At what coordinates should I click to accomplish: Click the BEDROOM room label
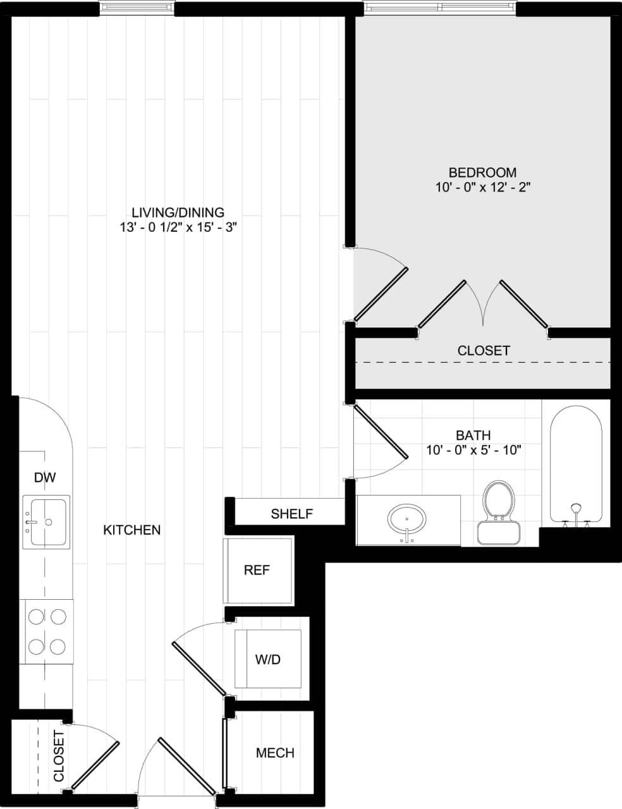482,173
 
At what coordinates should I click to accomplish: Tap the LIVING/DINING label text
178,212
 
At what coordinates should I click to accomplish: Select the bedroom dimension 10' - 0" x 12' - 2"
482,188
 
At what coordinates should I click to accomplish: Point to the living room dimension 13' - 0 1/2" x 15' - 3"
178,228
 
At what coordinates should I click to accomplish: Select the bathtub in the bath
575,465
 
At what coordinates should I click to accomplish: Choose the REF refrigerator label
257,570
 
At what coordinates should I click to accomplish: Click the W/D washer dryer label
267,659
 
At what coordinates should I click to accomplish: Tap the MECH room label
275,753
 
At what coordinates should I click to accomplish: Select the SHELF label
291,514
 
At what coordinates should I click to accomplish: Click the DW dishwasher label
45,478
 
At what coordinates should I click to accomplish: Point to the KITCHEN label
132,530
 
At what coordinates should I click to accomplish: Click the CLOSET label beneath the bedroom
484,350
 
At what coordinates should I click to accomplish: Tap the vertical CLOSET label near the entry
59,756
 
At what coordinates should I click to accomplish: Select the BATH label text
473,435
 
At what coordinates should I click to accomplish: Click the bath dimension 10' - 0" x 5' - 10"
473,451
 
